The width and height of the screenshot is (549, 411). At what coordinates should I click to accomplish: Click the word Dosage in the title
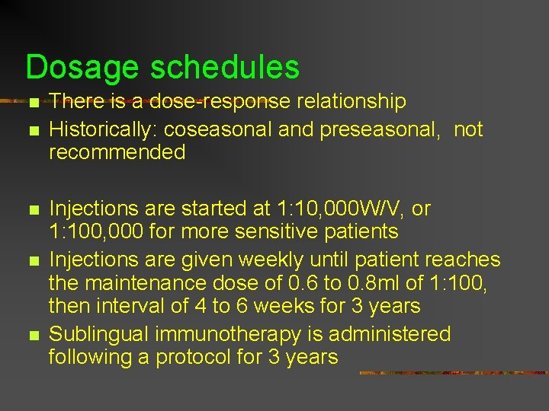click(x=82, y=68)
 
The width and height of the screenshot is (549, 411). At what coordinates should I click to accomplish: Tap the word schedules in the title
click(x=225, y=68)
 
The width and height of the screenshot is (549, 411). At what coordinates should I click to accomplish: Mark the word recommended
click(x=117, y=152)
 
